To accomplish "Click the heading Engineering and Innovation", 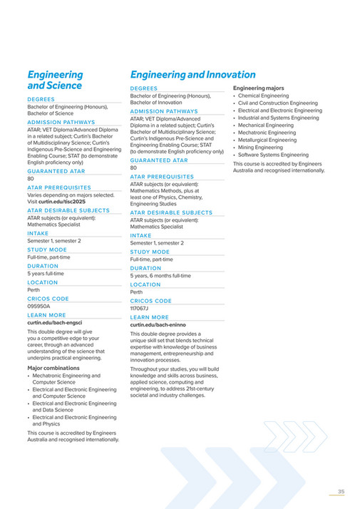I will [x=192, y=75].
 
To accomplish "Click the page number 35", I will [x=341, y=491].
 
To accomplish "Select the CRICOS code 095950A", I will [x=39, y=306].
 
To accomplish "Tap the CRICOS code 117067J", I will [x=140, y=309].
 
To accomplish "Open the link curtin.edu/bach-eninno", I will [x=157, y=325].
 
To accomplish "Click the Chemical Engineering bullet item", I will [x=263, y=96].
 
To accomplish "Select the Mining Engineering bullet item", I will [x=260, y=148].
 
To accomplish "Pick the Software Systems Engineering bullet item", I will [x=273, y=155].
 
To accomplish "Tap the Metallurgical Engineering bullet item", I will [x=267, y=140].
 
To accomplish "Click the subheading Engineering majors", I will [x=258, y=88].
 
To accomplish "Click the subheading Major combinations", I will [x=53, y=368].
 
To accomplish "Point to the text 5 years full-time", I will [x=46, y=273].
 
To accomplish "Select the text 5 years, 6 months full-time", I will [x=160, y=275].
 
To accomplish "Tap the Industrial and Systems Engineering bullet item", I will [x=278, y=118].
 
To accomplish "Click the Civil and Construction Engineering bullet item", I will [x=277, y=103].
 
